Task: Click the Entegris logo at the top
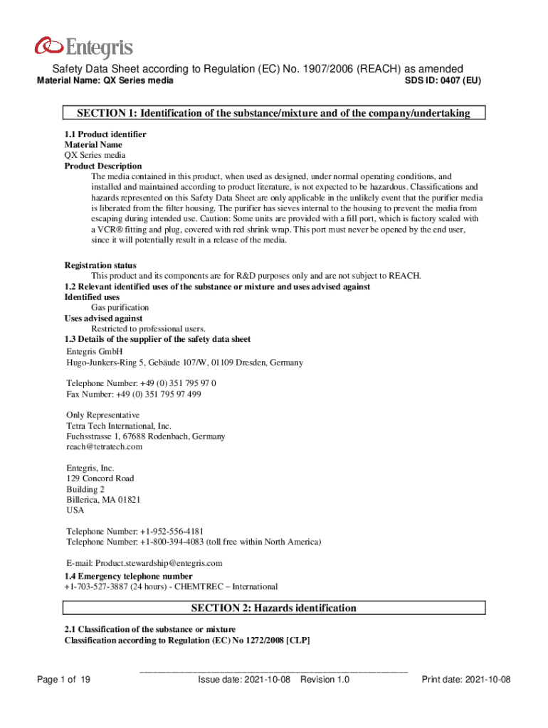pyautogui.click(x=83, y=48)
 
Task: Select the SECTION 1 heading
pyautogui.click(x=274, y=113)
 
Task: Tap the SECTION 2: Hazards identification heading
pyautogui.click(x=274, y=608)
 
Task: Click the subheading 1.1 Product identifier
pyautogui.click(x=105, y=134)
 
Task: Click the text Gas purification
pyautogui.click(x=120, y=308)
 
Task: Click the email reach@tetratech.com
pyautogui.click(x=105, y=446)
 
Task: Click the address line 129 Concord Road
pyautogui.click(x=100, y=478)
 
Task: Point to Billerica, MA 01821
pyautogui.click(x=103, y=500)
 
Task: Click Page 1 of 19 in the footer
pyautogui.click(x=64, y=680)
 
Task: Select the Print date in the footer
pyautogui.click(x=466, y=680)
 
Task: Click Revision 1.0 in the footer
pyautogui.click(x=325, y=680)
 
